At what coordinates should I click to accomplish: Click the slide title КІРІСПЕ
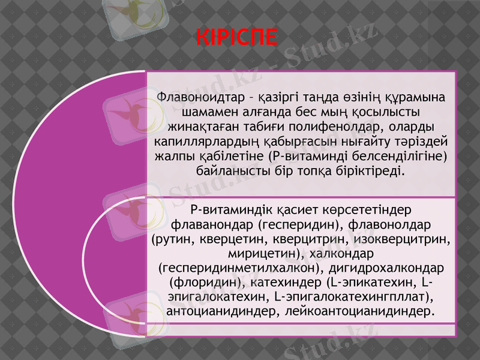(x=237, y=37)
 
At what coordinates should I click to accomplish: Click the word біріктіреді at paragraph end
(x=372, y=172)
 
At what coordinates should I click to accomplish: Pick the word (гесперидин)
(x=293, y=225)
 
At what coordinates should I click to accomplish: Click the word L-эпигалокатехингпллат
(x=353, y=297)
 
